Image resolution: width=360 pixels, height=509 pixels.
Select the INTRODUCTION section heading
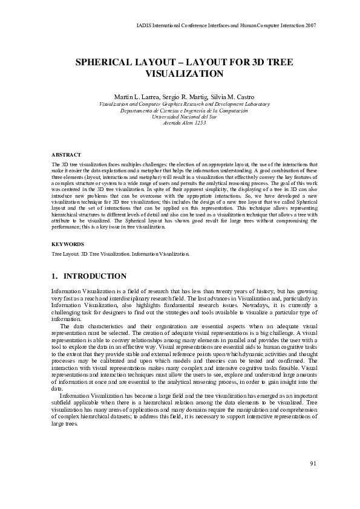click(x=95, y=276)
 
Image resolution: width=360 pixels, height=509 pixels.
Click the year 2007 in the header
click(x=310, y=26)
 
